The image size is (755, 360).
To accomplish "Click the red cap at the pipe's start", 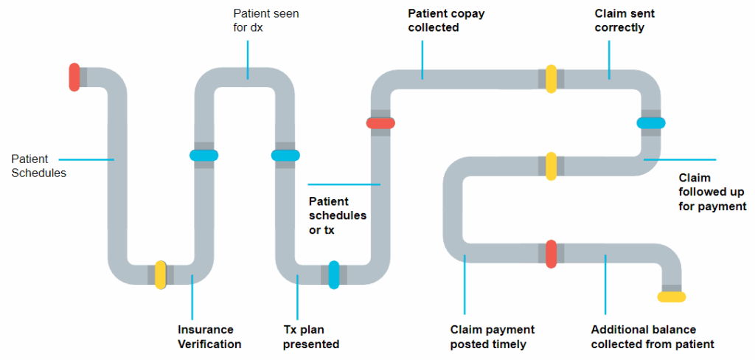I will tap(74, 77).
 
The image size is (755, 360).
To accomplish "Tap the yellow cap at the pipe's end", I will tap(672, 297).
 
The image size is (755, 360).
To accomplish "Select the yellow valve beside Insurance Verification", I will tap(161, 274).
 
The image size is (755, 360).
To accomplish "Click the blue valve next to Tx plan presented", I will tap(334, 274).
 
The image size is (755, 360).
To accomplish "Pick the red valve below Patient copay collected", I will tap(380, 123).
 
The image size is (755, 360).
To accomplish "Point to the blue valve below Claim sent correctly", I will tap(651, 123).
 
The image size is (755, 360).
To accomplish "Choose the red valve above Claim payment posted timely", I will tap(551, 254).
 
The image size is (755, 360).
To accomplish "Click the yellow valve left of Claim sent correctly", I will tap(551, 79).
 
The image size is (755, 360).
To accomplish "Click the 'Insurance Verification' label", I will tap(209, 337).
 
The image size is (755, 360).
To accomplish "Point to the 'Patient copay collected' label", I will tap(447, 21).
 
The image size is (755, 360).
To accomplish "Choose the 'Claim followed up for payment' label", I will tap(712, 193).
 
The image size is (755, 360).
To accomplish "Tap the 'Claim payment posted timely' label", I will tap(493, 337).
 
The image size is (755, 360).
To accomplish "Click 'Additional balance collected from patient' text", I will tap(653, 337).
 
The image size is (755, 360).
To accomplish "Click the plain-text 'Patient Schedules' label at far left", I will tap(38, 166).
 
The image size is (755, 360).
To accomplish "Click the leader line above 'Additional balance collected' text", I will tap(605, 288).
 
